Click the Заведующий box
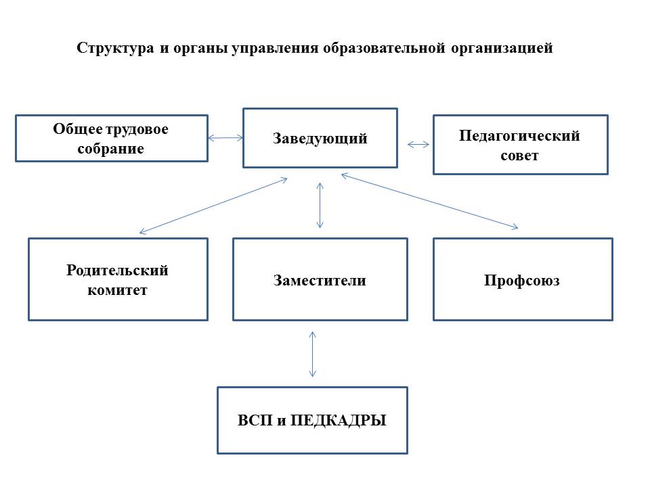click(320, 138)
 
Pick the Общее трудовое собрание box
click(111, 138)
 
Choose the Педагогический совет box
click(520, 145)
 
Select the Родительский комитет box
click(118, 279)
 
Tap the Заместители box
click(320, 279)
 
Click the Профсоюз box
click(522, 279)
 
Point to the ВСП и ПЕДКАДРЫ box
click(312, 420)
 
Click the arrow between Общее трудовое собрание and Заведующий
click(225, 138)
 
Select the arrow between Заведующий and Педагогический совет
click(418, 144)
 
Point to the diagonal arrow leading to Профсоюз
click(430, 201)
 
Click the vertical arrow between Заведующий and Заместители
click(320, 204)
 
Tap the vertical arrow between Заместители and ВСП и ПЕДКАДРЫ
click(312, 353)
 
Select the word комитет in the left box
click(118, 291)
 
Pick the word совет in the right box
click(520, 156)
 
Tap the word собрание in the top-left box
click(111, 149)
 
